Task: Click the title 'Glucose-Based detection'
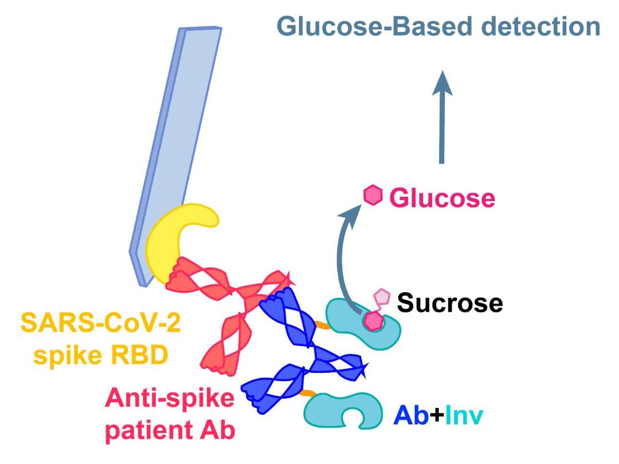click(438, 26)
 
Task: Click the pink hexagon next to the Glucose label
click(373, 195)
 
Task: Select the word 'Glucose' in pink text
click(442, 198)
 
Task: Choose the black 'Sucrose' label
click(450, 302)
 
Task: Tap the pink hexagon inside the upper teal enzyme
click(374, 321)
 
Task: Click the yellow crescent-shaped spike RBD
click(172, 241)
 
